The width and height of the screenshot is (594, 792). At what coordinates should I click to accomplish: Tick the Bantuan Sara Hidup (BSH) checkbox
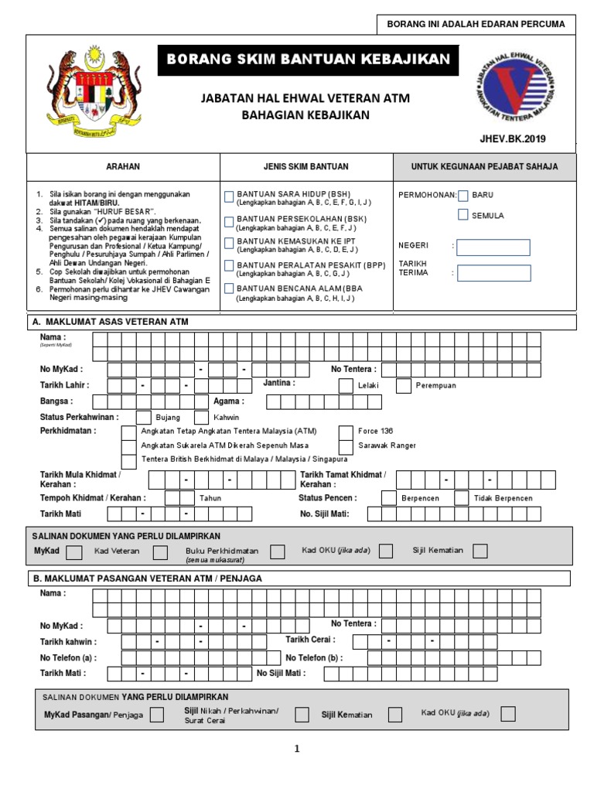(x=229, y=195)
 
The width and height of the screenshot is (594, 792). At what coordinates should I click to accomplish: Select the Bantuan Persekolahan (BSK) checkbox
(x=229, y=221)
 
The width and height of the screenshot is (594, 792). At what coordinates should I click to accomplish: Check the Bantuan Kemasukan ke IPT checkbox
(x=229, y=243)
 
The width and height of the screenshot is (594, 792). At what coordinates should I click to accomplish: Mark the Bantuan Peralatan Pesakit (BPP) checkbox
(x=229, y=266)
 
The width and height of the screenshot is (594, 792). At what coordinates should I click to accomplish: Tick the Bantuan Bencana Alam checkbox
(x=229, y=289)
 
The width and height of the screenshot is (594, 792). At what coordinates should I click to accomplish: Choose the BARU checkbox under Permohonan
(x=463, y=196)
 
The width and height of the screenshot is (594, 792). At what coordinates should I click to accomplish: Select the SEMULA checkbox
(x=463, y=215)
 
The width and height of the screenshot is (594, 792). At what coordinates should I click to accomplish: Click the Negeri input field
(x=493, y=247)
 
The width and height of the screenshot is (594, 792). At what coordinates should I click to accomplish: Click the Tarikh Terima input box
(x=493, y=272)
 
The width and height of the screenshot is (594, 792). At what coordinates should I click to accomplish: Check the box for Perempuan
(x=403, y=385)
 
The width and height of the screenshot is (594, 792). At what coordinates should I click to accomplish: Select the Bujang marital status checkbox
(x=144, y=417)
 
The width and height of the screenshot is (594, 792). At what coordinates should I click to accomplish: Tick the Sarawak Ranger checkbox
(x=346, y=446)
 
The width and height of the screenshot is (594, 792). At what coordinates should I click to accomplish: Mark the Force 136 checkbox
(x=346, y=431)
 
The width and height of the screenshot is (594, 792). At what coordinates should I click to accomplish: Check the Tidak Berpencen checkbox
(x=462, y=498)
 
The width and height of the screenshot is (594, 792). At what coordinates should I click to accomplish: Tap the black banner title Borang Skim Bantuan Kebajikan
(x=308, y=60)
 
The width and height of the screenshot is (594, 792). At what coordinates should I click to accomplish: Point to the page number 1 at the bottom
(x=296, y=749)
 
